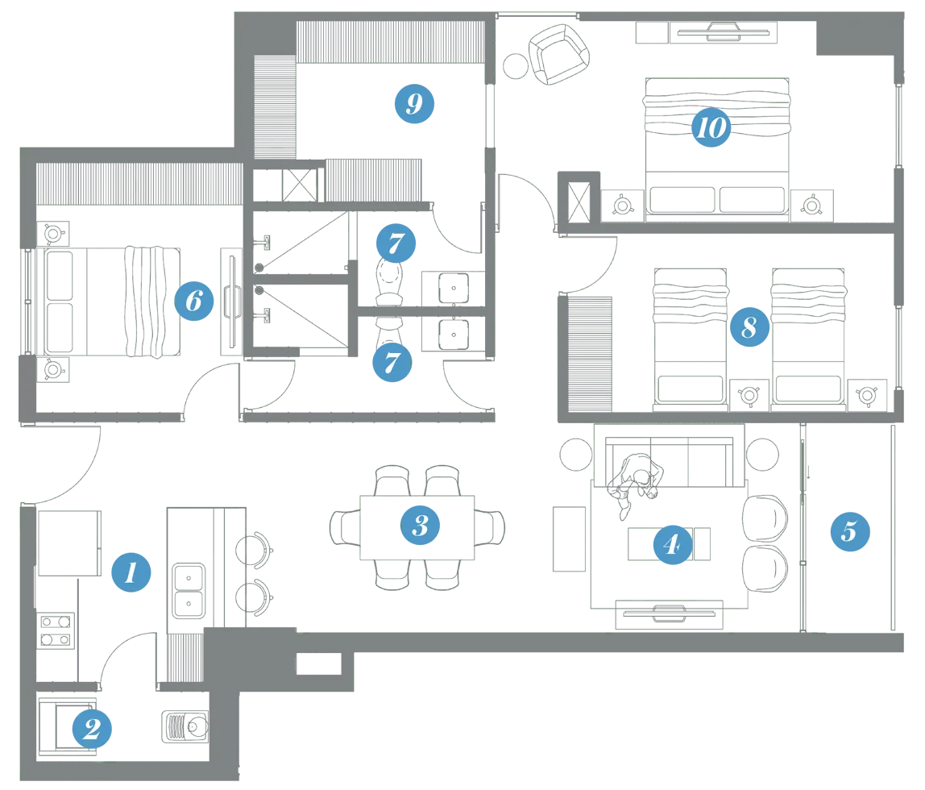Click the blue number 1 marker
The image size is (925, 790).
(131, 572)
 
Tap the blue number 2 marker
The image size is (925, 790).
(91, 729)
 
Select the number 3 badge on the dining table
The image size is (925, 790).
(420, 525)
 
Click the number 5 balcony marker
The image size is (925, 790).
(849, 531)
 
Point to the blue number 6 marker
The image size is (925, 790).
(193, 301)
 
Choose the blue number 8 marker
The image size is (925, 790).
(749, 326)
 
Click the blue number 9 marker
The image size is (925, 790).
(414, 104)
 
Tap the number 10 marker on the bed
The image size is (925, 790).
(711, 127)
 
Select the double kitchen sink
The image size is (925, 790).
(189, 591)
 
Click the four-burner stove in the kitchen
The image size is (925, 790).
(56, 630)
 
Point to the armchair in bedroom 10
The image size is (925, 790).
(558, 54)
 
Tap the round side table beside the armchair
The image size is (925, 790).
(516, 66)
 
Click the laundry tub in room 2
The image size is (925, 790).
(185, 726)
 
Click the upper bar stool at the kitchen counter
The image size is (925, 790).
(255, 550)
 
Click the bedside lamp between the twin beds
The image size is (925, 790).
(749, 395)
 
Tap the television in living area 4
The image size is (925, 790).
(669, 614)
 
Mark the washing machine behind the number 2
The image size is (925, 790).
(67, 727)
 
